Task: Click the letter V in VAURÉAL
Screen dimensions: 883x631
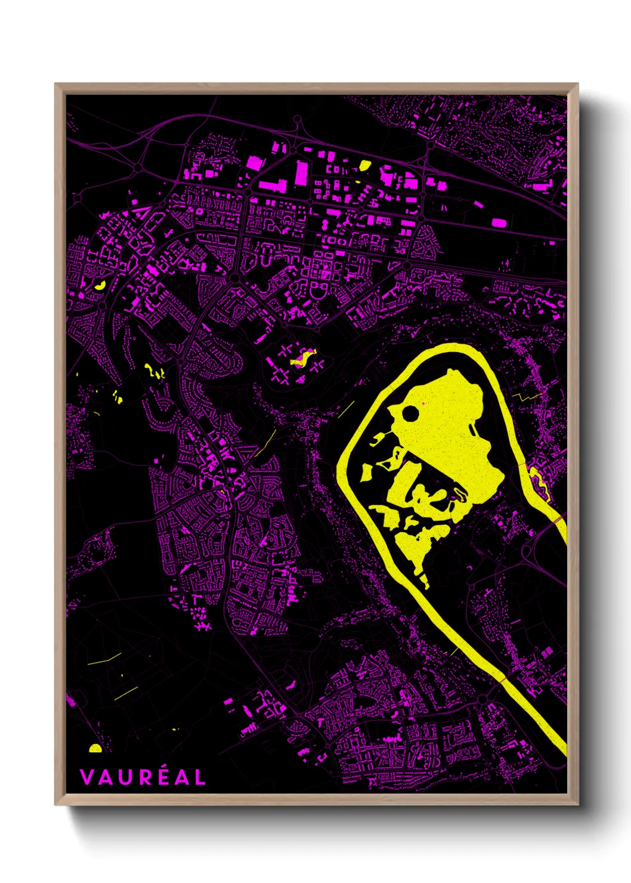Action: tap(86, 777)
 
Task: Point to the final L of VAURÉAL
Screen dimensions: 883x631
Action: tap(200, 777)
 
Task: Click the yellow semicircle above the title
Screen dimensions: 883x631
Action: tap(95, 748)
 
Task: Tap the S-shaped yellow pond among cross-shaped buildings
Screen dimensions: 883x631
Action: tap(302, 357)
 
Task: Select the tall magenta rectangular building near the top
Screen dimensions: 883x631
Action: tap(302, 172)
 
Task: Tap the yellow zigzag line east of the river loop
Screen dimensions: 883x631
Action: tap(525, 396)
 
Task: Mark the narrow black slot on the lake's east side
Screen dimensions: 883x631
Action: tap(473, 430)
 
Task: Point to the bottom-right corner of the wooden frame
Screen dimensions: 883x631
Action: tap(577, 804)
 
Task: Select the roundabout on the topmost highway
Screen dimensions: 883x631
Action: tap(297, 121)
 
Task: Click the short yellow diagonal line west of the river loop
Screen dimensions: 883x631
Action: tap(346, 409)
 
